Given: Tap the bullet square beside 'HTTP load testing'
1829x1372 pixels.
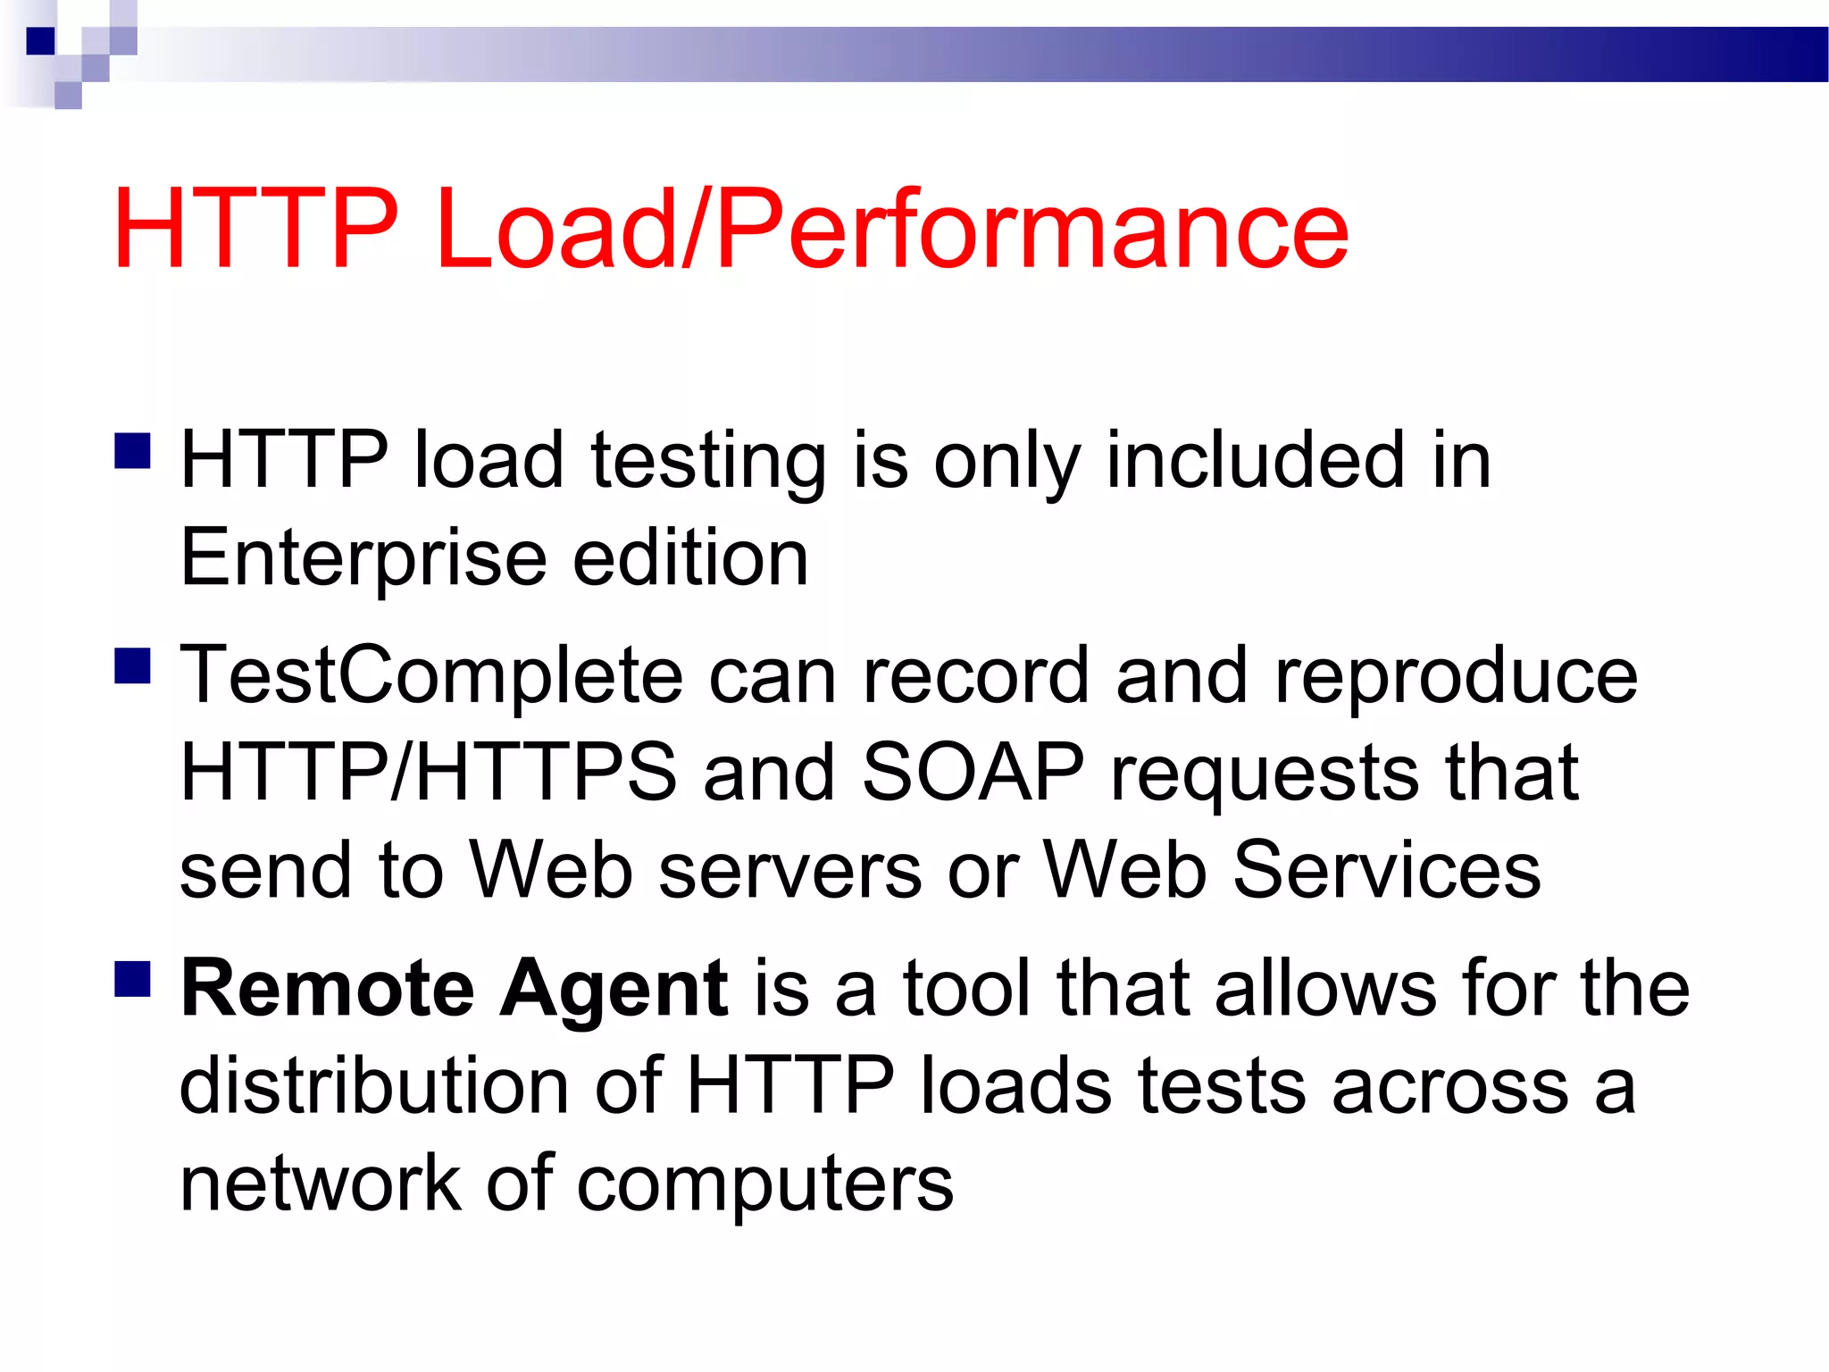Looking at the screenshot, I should pyautogui.click(x=132, y=451).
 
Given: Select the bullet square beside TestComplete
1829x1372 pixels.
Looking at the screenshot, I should pyautogui.click(x=132, y=665).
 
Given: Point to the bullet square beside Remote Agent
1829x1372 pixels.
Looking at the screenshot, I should pyautogui.click(x=132, y=978).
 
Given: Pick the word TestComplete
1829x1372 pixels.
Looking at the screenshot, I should pyautogui.click(x=431, y=676).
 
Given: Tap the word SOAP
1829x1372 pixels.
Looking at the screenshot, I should pyautogui.click(x=973, y=773).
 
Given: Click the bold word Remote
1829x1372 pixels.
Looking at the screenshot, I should pyautogui.click(x=327, y=989).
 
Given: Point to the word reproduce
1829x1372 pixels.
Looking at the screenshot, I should pyautogui.click(x=1456, y=676).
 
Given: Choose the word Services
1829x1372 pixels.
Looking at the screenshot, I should pyautogui.click(x=1386, y=870).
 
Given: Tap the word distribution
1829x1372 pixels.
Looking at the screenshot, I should pyautogui.click(x=374, y=1086).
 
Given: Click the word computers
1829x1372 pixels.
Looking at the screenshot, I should pyautogui.click(x=765, y=1184).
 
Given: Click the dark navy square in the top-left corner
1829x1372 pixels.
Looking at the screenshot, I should pyautogui.click(x=41, y=41).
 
